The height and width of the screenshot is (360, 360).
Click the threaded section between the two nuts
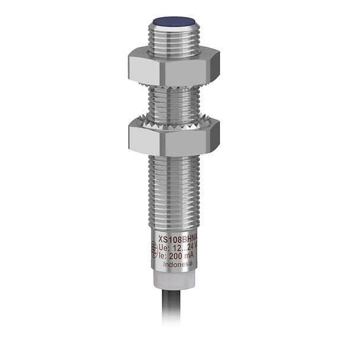click(173, 102)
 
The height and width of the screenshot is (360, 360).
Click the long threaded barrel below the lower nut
click(173, 190)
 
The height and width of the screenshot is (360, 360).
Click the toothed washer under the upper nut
click(173, 87)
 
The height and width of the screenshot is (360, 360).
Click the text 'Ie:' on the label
click(162, 254)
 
